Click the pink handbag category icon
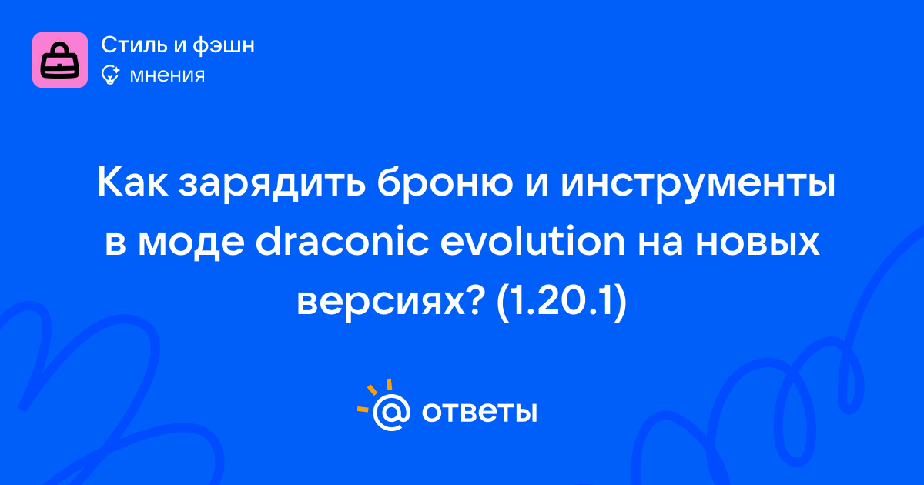(60, 60)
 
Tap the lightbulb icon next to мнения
(110, 75)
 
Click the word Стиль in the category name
(134, 45)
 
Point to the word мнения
(167, 75)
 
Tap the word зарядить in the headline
(273, 184)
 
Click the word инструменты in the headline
(698, 184)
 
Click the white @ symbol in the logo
(391, 412)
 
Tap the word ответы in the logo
(479, 412)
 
